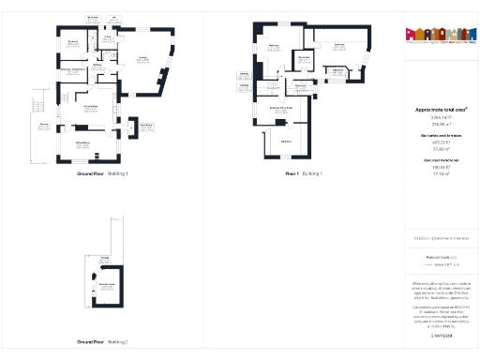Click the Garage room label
(x=143, y=59)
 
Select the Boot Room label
(x=146, y=126)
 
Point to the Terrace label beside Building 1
(x=43, y=124)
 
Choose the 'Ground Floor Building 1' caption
(x=101, y=174)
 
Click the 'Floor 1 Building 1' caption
(x=304, y=174)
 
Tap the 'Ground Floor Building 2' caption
(x=101, y=341)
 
